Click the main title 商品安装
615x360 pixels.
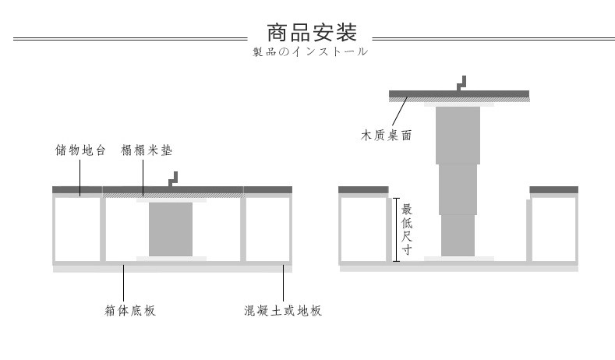(x=311, y=34)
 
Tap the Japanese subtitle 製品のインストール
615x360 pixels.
(x=309, y=53)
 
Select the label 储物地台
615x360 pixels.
(x=80, y=150)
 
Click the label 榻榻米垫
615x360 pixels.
(x=146, y=150)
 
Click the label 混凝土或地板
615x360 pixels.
(x=283, y=311)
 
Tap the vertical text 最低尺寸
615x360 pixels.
(x=406, y=229)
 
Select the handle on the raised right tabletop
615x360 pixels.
(x=461, y=82)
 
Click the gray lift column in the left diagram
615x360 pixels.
(x=170, y=229)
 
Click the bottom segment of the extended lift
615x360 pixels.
(x=458, y=235)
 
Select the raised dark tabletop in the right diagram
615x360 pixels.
(x=459, y=94)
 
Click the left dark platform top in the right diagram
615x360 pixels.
(x=363, y=189)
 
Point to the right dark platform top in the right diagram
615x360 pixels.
(x=553, y=189)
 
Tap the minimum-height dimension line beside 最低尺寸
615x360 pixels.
(x=396, y=228)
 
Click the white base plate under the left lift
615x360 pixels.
(x=170, y=259)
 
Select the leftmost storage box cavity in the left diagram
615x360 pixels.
(x=76, y=230)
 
